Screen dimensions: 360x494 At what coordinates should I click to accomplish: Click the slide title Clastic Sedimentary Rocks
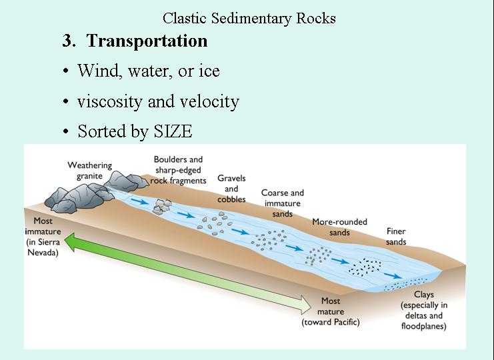249,18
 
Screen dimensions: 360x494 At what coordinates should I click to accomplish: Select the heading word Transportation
147,41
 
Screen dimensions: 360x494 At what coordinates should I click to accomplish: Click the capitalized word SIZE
171,131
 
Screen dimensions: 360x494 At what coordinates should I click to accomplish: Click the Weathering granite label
90,171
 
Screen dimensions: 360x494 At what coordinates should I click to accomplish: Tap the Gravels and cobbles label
231,189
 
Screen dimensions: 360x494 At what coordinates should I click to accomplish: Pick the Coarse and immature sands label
282,203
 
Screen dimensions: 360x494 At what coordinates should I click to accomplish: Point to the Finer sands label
396,237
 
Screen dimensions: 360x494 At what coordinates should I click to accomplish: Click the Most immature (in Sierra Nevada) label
43,236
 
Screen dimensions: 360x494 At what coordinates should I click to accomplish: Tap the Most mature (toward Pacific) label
331,311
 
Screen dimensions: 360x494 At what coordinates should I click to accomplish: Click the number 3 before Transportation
68,41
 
